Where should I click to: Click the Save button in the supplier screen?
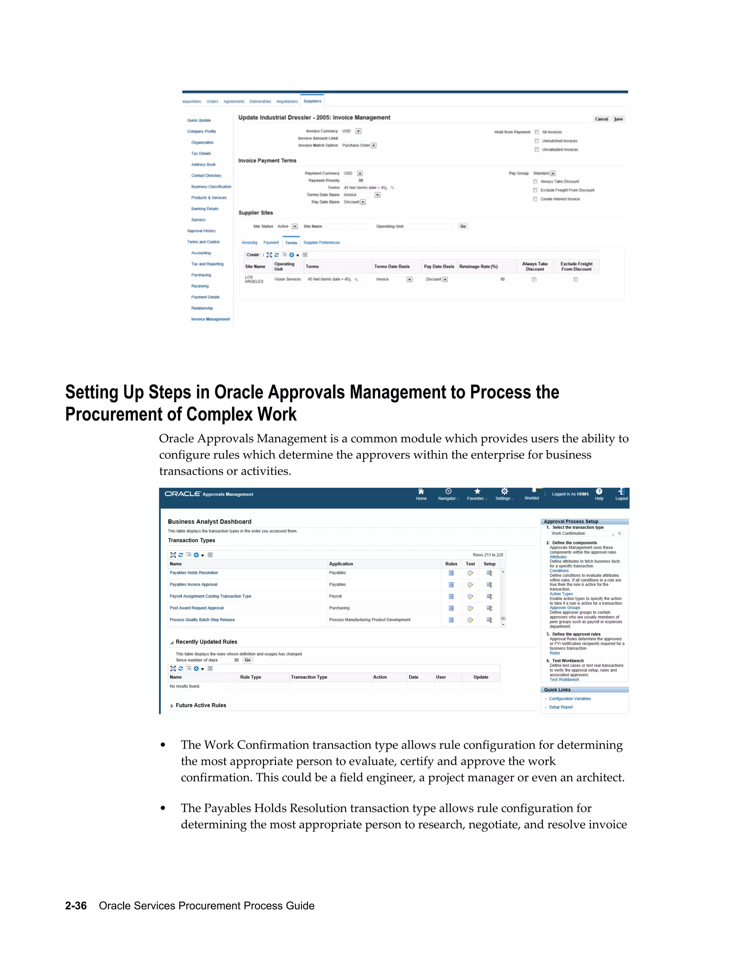(618, 119)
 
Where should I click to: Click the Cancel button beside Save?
(601, 119)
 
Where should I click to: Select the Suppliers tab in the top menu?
(312, 101)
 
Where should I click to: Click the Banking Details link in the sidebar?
(205, 209)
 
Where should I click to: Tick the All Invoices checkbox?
(537, 132)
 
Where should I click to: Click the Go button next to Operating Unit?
(463, 226)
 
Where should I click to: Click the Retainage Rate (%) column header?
(478, 266)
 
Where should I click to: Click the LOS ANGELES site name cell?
(254, 279)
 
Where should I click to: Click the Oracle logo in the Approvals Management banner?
(182, 494)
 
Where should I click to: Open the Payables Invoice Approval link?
(193, 585)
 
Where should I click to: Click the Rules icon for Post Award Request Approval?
(451, 608)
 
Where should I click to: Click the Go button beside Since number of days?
(248, 660)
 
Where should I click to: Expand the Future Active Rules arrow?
(172, 706)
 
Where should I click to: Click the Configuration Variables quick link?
(570, 699)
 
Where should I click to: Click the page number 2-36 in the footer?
(76, 906)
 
